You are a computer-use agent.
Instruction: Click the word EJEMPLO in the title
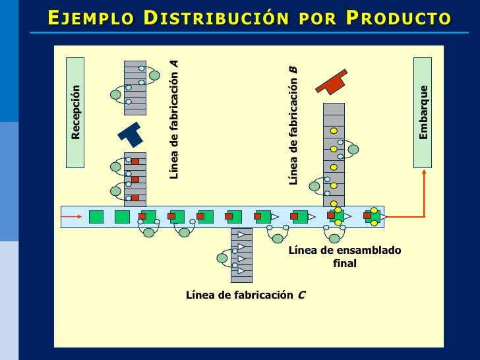pos(86,18)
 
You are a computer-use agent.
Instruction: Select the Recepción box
pos(75,112)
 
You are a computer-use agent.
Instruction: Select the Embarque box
pos(423,112)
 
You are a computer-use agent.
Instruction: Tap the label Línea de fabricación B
pos(293,125)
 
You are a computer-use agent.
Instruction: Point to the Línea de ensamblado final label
pos(344,256)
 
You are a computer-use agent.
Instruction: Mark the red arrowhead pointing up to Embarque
pos(424,173)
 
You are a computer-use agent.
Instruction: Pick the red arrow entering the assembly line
pos(74,216)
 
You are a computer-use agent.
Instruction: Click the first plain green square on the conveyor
pos(96,216)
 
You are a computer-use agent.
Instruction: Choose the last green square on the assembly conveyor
pos(373,216)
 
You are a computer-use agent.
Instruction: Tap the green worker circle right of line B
pos(353,150)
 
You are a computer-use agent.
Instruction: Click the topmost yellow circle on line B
pos(334,131)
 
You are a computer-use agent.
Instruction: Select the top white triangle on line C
pos(241,235)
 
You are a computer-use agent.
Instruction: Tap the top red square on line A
pos(135,162)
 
